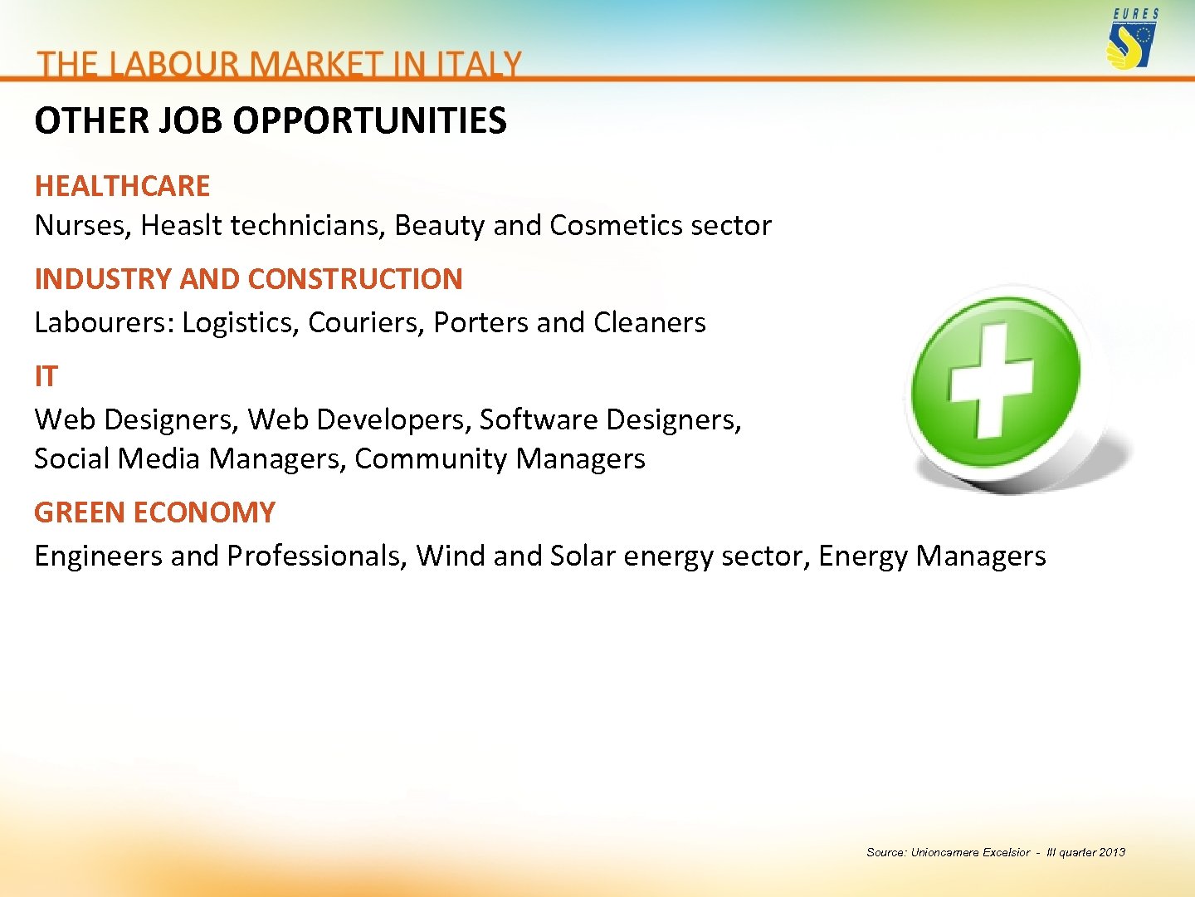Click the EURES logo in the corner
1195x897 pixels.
click(1132, 39)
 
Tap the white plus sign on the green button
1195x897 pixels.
click(991, 380)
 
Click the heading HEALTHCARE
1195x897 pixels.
click(122, 186)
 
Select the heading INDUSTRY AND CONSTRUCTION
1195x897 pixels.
click(248, 279)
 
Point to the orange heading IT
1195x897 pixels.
click(46, 376)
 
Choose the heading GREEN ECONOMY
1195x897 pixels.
click(154, 512)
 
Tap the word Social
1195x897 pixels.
click(71, 458)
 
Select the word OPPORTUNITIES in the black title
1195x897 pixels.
click(369, 121)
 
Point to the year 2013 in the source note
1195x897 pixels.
click(1112, 852)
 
